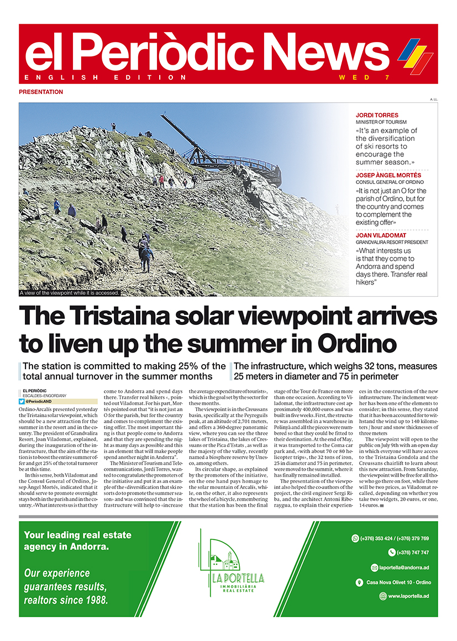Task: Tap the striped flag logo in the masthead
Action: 416,55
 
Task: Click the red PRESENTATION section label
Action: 41,92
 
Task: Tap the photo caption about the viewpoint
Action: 69,293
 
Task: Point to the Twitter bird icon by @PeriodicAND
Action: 22,402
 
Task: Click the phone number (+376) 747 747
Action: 413,553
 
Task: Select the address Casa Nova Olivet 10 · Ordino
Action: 398,582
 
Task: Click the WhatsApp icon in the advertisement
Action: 355,538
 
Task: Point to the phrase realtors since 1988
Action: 66,600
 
